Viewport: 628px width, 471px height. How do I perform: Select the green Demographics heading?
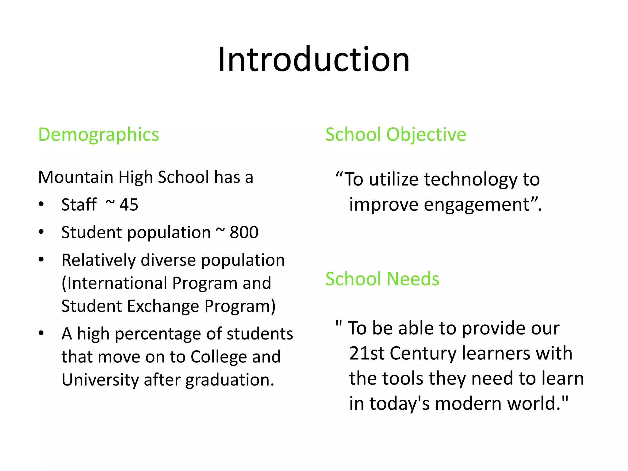[98, 135]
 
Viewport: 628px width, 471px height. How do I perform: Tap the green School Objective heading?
[396, 135]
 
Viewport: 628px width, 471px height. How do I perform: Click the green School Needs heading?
[382, 279]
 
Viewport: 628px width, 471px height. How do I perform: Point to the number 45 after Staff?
[129, 205]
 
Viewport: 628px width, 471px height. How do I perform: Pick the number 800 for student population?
[244, 232]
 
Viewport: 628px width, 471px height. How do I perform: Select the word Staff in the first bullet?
[79, 205]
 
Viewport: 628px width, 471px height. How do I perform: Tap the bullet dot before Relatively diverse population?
[41, 260]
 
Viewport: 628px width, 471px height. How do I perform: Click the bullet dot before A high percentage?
[41, 333]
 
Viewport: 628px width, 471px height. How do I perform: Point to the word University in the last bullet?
[100, 380]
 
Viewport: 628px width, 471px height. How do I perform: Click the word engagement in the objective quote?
[477, 205]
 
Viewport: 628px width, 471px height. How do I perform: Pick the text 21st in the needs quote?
[366, 353]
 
